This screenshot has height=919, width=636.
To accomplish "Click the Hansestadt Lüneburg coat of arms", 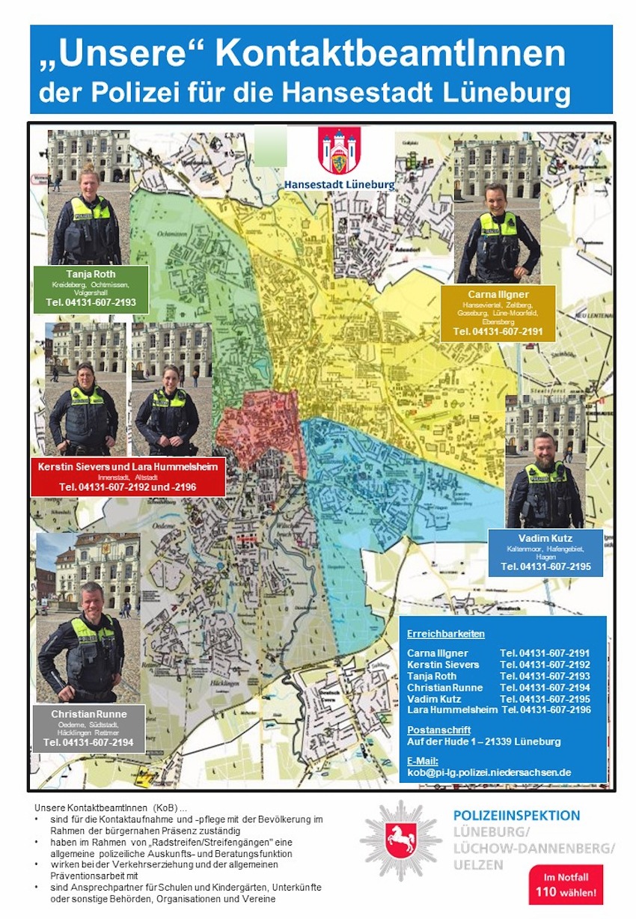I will pyautogui.click(x=339, y=150).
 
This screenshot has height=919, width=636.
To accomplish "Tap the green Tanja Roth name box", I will pyautogui.click(x=91, y=289).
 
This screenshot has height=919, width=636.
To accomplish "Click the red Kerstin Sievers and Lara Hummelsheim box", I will pyautogui.click(x=127, y=476).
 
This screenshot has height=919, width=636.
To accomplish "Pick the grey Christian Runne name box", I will pyautogui.click(x=88, y=727).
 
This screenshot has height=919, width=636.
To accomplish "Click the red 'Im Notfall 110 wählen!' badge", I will pyautogui.click(x=566, y=885).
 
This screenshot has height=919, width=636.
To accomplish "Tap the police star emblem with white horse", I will pyautogui.click(x=401, y=840).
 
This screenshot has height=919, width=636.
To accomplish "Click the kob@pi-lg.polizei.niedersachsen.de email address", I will pyautogui.click(x=489, y=772).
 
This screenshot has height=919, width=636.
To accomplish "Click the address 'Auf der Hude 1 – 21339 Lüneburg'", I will pyautogui.click(x=483, y=742).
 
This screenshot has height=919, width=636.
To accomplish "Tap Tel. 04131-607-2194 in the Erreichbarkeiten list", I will pyautogui.click(x=545, y=687).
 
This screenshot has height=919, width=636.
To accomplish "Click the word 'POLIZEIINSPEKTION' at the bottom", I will pyautogui.click(x=516, y=816).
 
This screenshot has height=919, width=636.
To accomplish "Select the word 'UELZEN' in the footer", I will pyautogui.click(x=478, y=864).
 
